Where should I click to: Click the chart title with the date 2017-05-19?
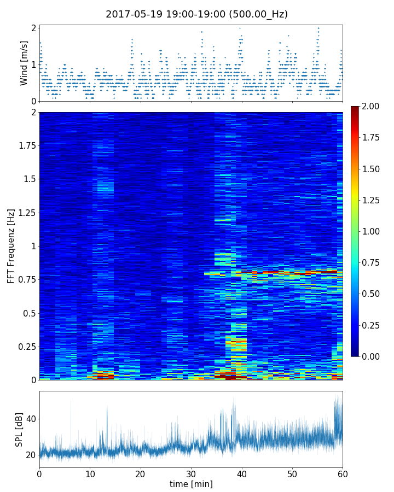pyautogui.click(x=196, y=14)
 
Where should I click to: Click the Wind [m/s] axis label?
pyautogui.click(x=24, y=62)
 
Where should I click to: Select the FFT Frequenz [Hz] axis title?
pyautogui.click(x=11, y=246)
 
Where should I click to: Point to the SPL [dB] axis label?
pyautogui.click(x=20, y=429)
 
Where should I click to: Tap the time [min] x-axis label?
pyautogui.click(x=191, y=484)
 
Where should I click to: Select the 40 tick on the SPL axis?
pyautogui.click(x=31, y=419)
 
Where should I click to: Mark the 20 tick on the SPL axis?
pyautogui.click(x=31, y=455)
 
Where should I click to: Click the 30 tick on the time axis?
pyautogui.click(x=191, y=473)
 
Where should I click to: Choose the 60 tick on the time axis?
pyautogui.click(x=343, y=473)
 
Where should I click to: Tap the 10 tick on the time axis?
pyautogui.click(x=90, y=473)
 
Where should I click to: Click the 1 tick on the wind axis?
pyautogui.click(x=33, y=65)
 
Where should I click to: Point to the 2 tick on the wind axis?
pyautogui.click(x=33, y=28)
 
